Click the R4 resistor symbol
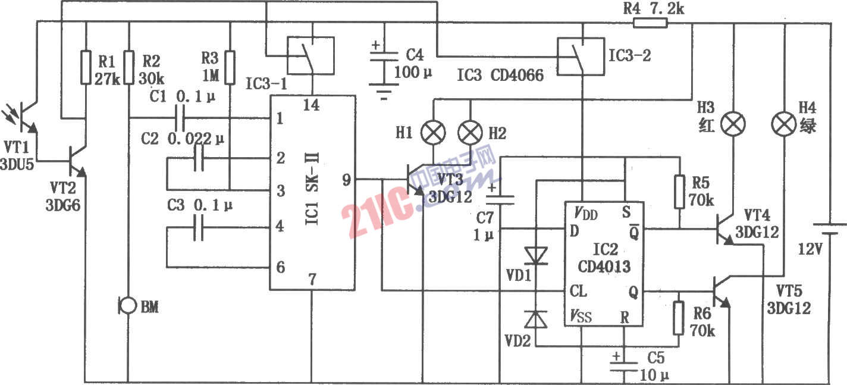(650, 23)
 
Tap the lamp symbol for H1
(433, 132)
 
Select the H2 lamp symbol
(470, 132)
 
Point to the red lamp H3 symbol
(733, 124)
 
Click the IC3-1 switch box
(311, 55)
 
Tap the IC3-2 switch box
(581, 57)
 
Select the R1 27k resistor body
(86, 67)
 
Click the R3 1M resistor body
(230, 67)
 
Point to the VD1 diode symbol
(536, 256)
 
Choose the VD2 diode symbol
(535, 320)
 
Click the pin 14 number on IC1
(311, 105)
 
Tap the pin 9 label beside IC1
(346, 180)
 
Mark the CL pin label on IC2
(578, 291)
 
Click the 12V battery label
(810, 249)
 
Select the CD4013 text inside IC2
(604, 267)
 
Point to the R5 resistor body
(679, 192)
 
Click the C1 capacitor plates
(180, 118)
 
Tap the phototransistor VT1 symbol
(23, 118)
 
